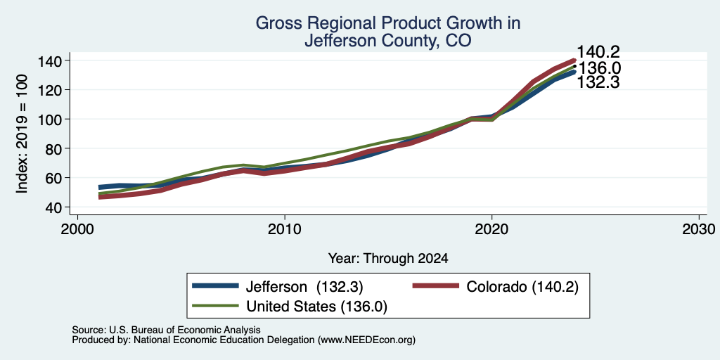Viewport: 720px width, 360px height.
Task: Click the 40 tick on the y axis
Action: pos(55,207)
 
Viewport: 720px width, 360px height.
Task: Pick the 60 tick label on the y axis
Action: pos(55,178)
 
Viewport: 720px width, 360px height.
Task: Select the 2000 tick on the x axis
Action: pos(77,229)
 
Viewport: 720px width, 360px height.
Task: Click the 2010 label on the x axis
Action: pos(285,229)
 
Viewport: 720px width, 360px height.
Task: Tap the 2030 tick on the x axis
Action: pos(699,229)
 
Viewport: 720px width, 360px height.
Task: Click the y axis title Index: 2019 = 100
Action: pos(22,134)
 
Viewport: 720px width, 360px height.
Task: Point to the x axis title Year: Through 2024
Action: pos(388,259)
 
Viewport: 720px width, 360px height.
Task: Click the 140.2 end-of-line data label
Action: pos(598,52)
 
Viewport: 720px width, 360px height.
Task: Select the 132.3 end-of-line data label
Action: pos(598,83)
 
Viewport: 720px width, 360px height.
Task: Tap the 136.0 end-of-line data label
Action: pos(599,68)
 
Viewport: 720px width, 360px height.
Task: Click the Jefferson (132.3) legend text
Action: pos(304,287)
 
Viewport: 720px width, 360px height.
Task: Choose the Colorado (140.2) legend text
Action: pos(522,287)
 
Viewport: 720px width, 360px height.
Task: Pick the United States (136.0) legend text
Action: pos(317,307)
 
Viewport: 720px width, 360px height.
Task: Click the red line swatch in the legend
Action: pos(435,286)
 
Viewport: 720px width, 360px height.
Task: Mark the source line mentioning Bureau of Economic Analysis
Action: pos(166,330)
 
